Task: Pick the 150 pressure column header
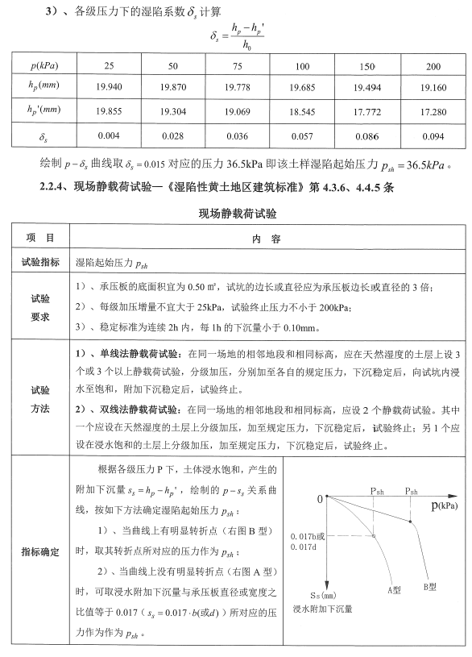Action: [x=367, y=64]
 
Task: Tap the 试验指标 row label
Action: [x=39, y=261]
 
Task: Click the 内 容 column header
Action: [x=265, y=239]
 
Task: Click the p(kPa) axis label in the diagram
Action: [x=442, y=505]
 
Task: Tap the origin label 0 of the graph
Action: [x=320, y=500]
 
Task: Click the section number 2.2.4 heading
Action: [x=56, y=187]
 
